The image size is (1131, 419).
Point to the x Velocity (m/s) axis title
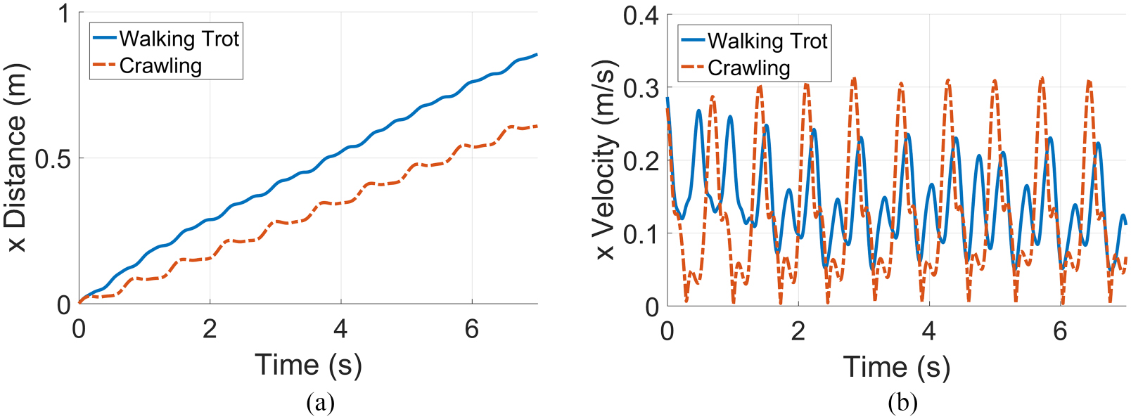(605, 160)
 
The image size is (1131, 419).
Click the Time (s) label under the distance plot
(308, 365)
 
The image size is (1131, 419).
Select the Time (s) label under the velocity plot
(897, 367)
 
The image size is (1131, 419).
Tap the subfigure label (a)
(321, 403)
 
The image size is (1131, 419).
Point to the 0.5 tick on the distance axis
(53, 159)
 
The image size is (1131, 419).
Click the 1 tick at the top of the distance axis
(64, 13)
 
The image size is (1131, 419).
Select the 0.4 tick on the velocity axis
(640, 15)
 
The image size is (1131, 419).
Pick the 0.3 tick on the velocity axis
(640, 88)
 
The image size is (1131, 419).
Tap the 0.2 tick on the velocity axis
(640, 160)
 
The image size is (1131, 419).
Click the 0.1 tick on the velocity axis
(640, 233)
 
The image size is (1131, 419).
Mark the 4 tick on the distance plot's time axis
(340, 328)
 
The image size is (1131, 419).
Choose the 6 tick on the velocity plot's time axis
(1060, 330)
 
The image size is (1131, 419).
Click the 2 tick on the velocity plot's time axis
(798, 330)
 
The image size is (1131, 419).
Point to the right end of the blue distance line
(537, 54)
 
